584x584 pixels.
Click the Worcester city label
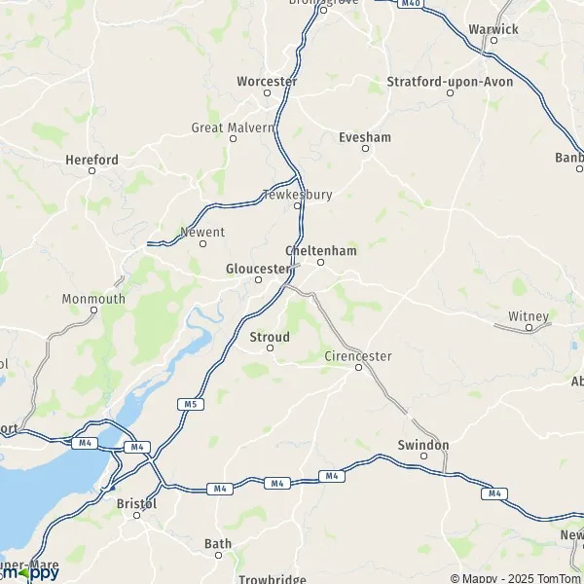[267, 81]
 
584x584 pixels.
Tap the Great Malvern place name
[234, 128]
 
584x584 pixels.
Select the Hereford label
[91, 160]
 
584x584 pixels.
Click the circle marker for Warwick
[493, 40]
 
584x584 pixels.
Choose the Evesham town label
[365, 137]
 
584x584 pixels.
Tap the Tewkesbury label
[298, 195]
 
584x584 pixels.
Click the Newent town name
[202, 233]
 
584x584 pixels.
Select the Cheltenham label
[321, 250]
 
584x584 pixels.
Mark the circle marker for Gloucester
[259, 280]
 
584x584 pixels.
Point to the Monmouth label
[93, 299]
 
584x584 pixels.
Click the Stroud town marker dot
[271, 347]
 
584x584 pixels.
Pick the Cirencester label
[358, 356]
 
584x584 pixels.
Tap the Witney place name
[529, 316]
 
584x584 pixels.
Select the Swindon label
[423, 445]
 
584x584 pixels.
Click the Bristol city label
[136, 503]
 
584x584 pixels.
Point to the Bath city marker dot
[218, 555]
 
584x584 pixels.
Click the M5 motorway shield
[186, 403]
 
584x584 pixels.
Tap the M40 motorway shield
[411, 3]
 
